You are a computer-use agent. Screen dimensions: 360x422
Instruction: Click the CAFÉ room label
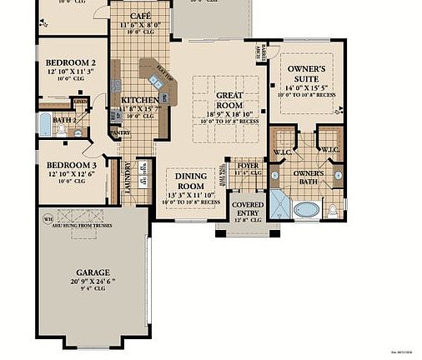click(140, 16)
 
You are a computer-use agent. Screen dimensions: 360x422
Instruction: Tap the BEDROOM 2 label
click(71, 62)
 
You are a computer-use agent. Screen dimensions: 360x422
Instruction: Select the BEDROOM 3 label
click(71, 165)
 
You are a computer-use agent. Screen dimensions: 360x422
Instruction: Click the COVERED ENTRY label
click(248, 209)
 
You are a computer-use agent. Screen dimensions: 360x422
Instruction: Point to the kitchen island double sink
click(154, 81)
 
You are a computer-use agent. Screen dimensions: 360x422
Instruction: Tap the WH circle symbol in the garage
click(47, 220)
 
